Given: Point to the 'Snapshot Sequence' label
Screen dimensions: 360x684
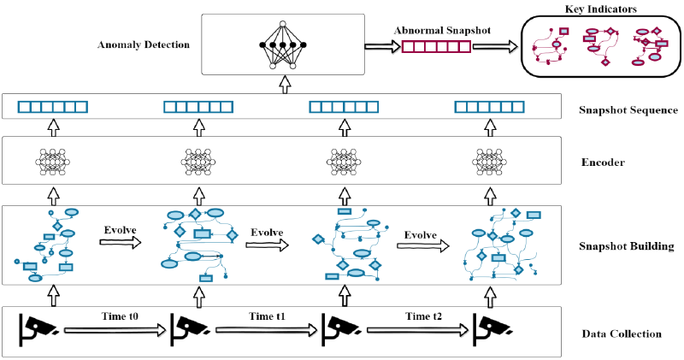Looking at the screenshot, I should click(628, 110).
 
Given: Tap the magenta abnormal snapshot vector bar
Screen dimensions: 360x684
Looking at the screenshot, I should click(435, 47).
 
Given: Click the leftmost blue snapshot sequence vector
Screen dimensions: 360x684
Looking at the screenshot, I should click(53, 108).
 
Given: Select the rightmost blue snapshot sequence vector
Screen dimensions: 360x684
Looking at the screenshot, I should click(488, 108).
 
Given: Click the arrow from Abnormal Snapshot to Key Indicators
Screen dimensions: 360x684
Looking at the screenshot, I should click(494, 47).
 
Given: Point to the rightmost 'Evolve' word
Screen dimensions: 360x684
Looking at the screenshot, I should click(421, 235).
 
